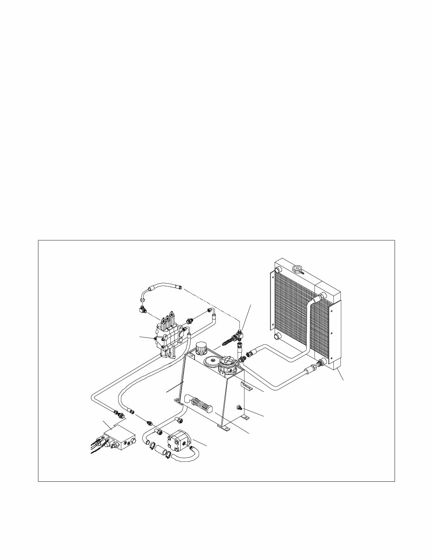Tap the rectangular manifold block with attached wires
119,438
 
